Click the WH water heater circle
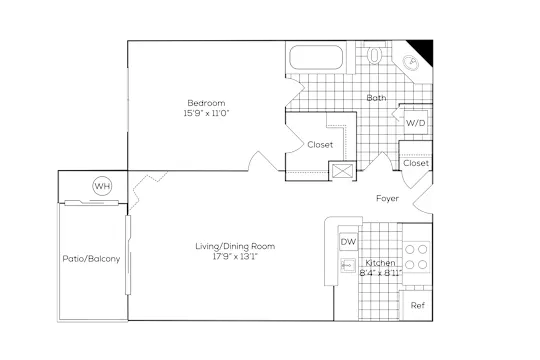click(102, 186)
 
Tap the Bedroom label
click(206, 103)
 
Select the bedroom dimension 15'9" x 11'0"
click(206, 113)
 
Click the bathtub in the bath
click(316, 57)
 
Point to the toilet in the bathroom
click(374, 54)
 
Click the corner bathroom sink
click(411, 63)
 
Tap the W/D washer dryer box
click(416, 122)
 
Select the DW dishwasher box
click(348, 242)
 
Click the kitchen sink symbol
click(348, 266)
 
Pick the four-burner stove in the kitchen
click(416, 257)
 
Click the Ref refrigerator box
click(417, 306)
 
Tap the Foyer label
click(387, 198)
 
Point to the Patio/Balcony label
click(91, 259)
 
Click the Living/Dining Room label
click(235, 246)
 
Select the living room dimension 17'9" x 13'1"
click(235, 256)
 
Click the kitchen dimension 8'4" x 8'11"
click(381, 273)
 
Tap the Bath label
click(376, 98)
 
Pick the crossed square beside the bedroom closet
click(343, 171)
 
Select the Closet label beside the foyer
click(416, 163)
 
